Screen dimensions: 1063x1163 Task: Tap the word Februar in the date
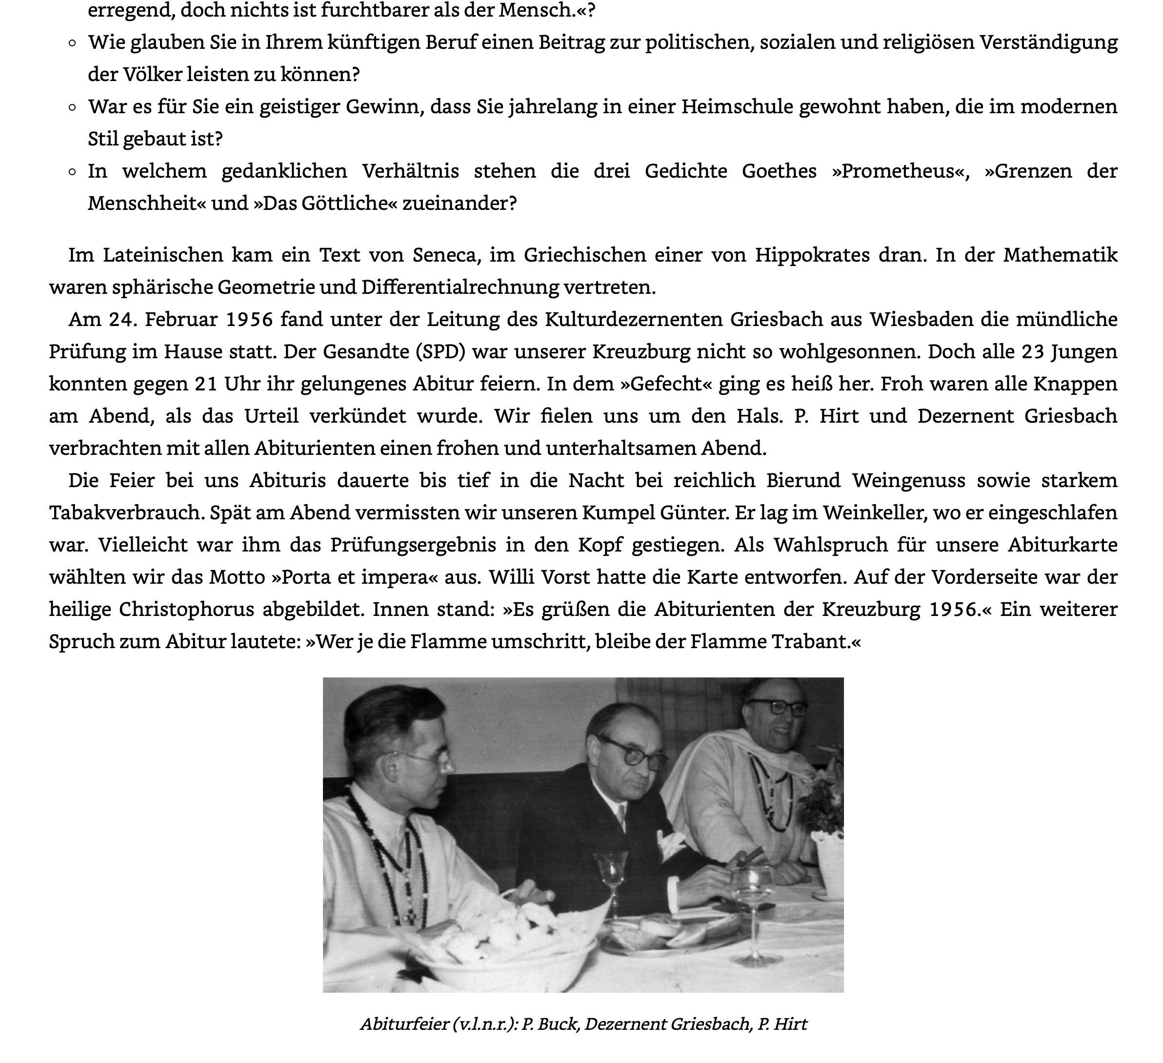180,319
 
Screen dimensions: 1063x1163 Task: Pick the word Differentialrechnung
461,287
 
